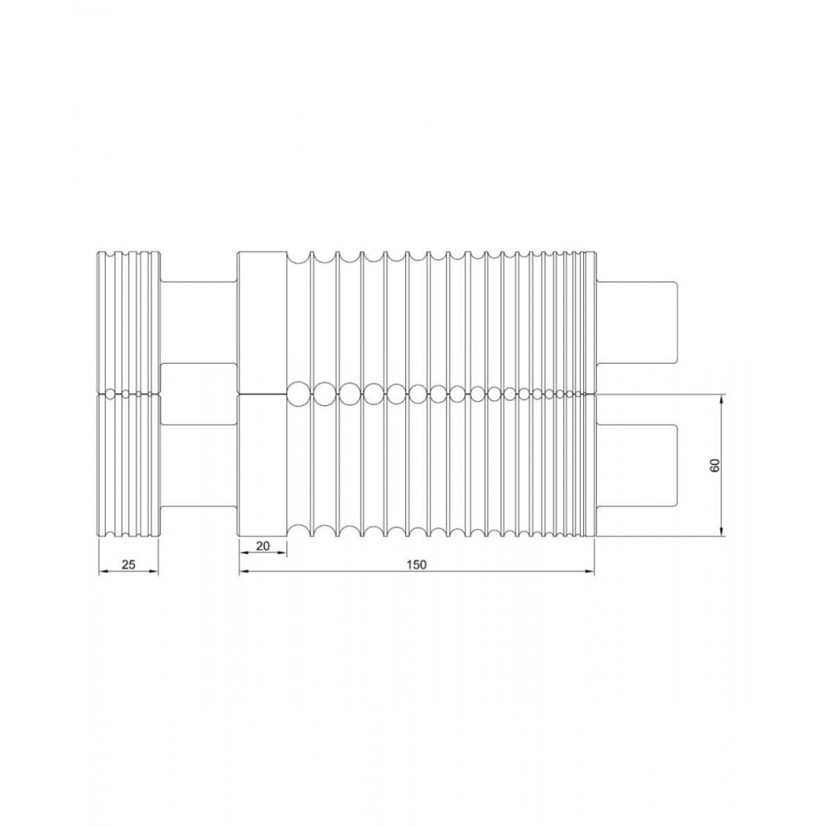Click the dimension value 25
[128, 565]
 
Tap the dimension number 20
[263, 546]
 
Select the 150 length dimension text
[416, 565]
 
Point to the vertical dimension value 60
[715, 465]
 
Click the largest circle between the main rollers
[296, 394]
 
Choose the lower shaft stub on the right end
[637, 465]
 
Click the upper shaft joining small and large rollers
[198, 323]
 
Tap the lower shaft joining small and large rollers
[198, 466]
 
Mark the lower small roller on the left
[128, 466]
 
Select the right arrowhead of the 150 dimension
[590, 571]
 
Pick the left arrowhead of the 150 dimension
[243, 571]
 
